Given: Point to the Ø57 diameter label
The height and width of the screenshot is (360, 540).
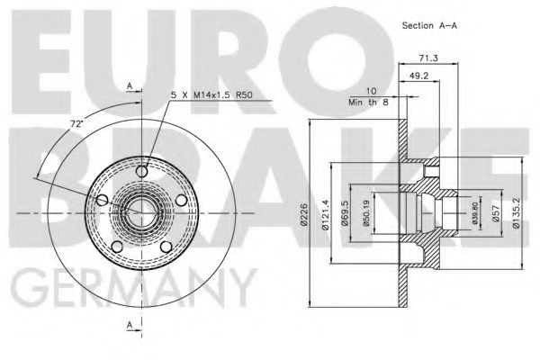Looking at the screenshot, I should (497, 212).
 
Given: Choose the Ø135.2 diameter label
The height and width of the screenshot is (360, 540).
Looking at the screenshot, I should (515, 212).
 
